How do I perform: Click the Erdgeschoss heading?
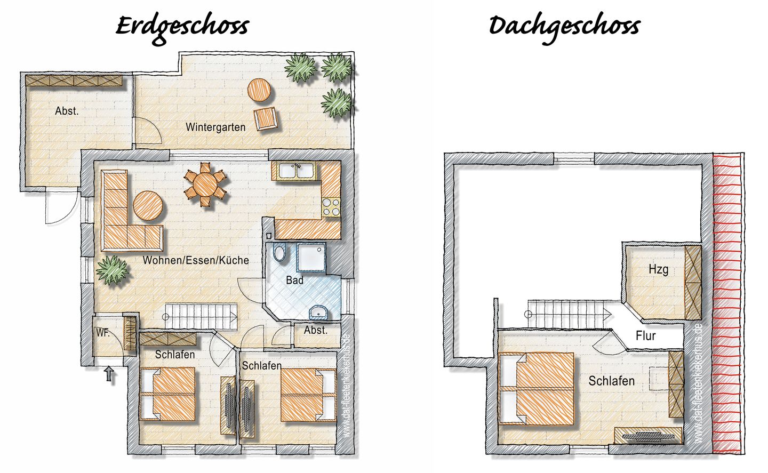(x=182, y=28)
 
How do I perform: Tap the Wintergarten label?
(x=215, y=127)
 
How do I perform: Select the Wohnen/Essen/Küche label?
(x=196, y=260)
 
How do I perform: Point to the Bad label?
(x=294, y=280)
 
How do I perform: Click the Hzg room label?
(x=658, y=269)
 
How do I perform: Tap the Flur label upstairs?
(x=645, y=335)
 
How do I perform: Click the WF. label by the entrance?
(x=103, y=332)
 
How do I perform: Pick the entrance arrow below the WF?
(x=109, y=374)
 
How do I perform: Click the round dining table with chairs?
(x=205, y=185)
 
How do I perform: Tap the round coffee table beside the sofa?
(x=148, y=206)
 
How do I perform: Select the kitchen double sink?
(x=297, y=171)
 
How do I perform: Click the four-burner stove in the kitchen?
(x=331, y=207)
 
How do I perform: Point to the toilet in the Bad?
(x=279, y=252)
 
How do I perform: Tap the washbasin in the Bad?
(x=318, y=312)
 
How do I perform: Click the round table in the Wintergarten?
(x=259, y=90)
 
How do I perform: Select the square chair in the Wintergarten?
(x=266, y=118)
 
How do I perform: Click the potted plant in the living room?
(x=112, y=270)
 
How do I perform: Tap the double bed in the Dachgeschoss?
(x=537, y=388)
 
